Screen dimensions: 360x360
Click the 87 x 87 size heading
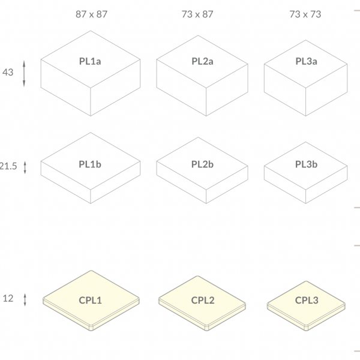tap(91, 14)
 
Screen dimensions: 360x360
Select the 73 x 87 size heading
tap(197, 14)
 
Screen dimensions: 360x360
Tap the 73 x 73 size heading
tap(305, 14)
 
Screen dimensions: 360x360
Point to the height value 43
tap(8, 73)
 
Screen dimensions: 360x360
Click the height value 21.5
tap(8, 166)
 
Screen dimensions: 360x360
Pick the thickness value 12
tap(8, 298)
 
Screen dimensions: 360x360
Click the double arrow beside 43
tap(24, 74)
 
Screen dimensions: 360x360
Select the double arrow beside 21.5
tap(25, 167)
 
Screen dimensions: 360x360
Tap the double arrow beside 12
tap(25, 299)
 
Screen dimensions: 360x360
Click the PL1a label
tap(90, 61)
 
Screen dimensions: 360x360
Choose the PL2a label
tap(202, 61)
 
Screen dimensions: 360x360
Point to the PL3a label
tap(306, 61)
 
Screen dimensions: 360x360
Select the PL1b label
tap(90, 164)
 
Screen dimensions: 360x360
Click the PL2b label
tap(202, 164)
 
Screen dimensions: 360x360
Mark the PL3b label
tap(306, 164)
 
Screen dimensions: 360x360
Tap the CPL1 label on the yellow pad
tap(90, 301)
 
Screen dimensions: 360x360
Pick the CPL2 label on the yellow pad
tap(203, 301)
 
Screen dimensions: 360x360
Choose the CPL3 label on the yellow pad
tap(307, 301)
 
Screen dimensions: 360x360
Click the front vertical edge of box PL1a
tap(91, 102)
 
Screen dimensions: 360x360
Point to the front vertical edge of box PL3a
tap(305, 102)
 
